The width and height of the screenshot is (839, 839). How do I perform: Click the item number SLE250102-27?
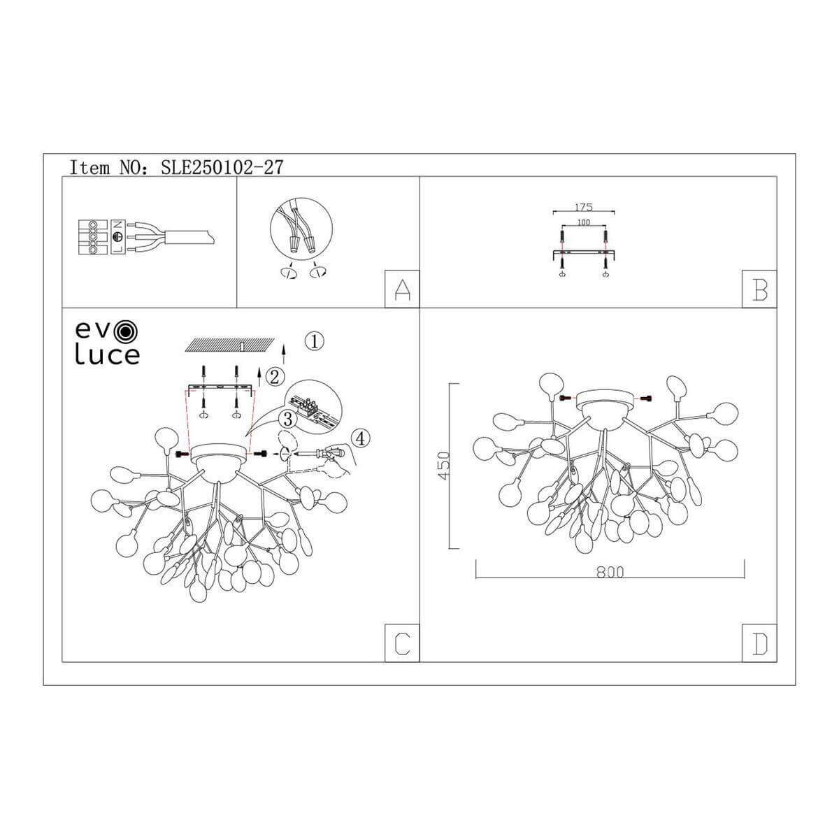pyautogui.click(x=222, y=167)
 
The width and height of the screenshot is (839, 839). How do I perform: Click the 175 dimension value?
pyautogui.click(x=583, y=207)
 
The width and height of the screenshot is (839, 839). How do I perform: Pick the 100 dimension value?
pyautogui.click(x=583, y=222)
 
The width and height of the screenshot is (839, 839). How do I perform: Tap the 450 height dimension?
pyautogui.click(x=444, y=466)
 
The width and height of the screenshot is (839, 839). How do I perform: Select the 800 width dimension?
pyautogui.click(x=610, y=572)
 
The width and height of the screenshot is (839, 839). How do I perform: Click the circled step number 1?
pyautogui.click(x=315, y=342)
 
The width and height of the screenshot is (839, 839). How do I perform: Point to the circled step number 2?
pyautogui.click(x=274, y=377)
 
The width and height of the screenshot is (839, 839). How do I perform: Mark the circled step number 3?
pyautogui.click(x=287, y=419)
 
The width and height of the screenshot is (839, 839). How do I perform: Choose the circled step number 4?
pyautogui.click(x=361, y=438)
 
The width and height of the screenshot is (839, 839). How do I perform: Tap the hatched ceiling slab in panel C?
pyautogui.click(x=230, y=345)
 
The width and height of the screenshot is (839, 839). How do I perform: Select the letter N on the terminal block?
pyautogui.click(x=117, y=225)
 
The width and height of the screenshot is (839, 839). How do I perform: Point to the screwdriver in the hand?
pyautogui.click(x=316, y=453)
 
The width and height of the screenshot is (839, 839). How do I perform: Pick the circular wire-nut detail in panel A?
pyautogui.click(x=301, y=229)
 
